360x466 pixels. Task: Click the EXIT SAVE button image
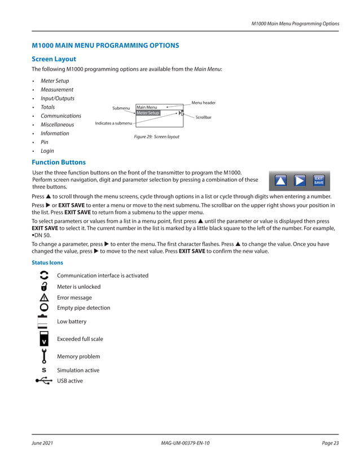[319, 181]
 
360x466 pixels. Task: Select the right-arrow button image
[300, 181]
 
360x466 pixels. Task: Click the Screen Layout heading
[54, 59]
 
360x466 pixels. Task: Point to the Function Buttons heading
[59, 162]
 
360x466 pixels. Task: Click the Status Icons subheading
[47, 263]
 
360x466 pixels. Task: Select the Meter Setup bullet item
[55, 81]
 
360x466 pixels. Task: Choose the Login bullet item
[47, 151]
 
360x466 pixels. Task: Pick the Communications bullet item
[60, 116]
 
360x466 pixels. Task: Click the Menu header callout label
[203, 103]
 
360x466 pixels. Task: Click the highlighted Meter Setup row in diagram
[148, 113]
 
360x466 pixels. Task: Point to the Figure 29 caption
[156, 137]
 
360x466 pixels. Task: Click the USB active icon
[44, 381]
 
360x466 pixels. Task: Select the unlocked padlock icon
[44, 287]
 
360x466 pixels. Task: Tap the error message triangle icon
[44, 297]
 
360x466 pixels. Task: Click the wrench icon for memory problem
[44, 357]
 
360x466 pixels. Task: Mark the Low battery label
[72, 322]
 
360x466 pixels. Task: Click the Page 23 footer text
[330, 443]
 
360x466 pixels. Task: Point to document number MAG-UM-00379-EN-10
[185, 443]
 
